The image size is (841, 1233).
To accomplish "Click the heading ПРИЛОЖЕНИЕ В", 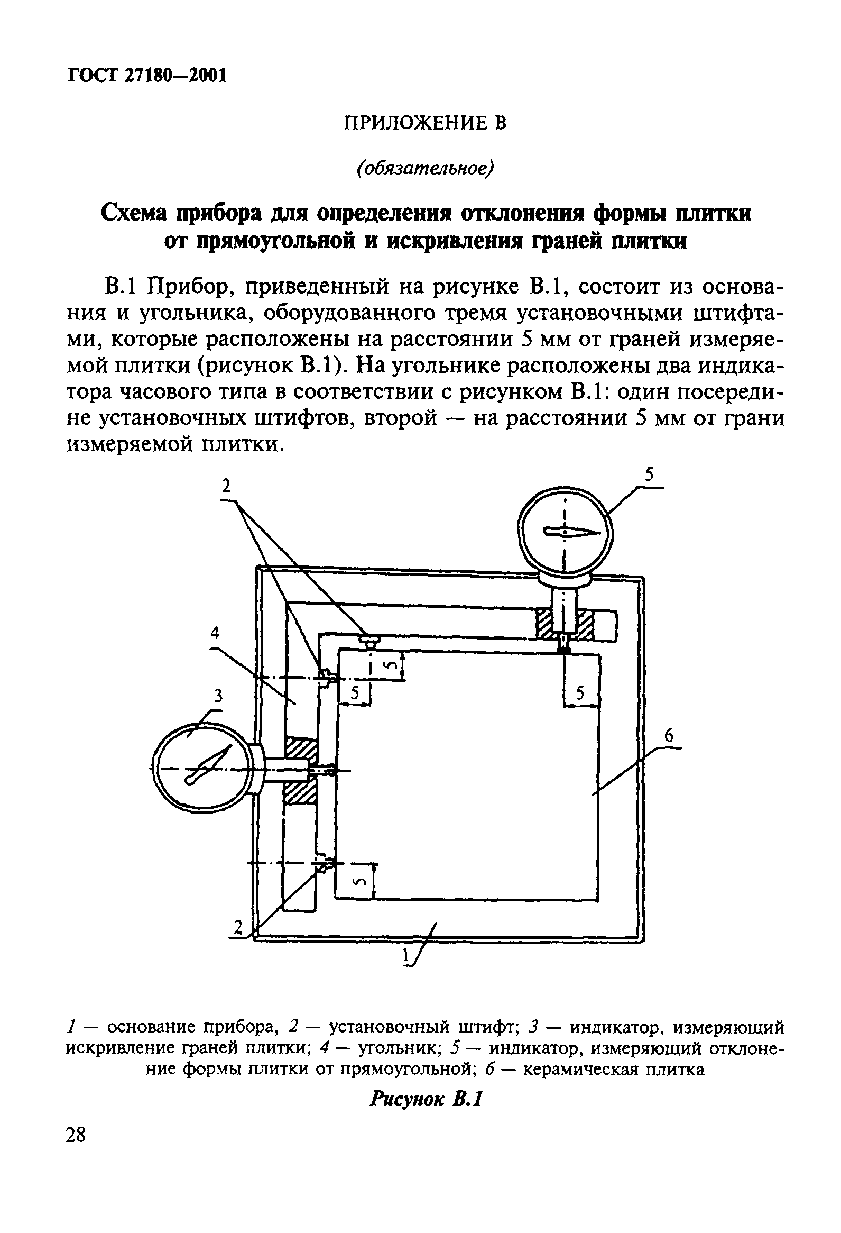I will click(x=426, y=123).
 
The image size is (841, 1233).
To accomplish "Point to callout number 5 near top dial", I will click(x=650, y=474).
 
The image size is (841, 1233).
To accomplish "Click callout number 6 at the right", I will click(x=669, y=735).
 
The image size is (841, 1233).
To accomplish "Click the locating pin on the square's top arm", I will click(x=369, y=641).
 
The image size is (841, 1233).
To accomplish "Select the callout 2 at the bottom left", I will click(x=238, y=927).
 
